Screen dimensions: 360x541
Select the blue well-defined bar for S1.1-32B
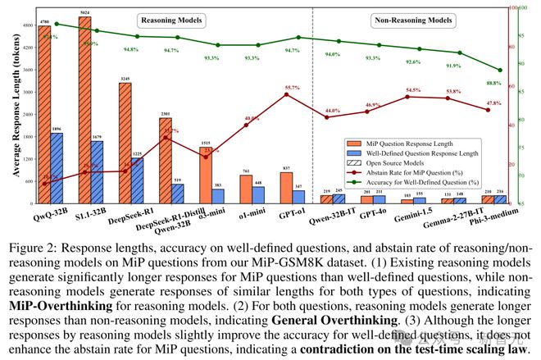pos(98,172)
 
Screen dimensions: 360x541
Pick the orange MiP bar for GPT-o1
pos(286,188)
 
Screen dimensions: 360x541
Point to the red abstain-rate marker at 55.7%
pos(286,94)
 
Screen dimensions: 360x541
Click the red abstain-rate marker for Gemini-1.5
pos(407,97)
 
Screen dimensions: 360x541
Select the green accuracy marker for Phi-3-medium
pos(500,71)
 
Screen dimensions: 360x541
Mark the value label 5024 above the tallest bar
pos(84,12)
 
